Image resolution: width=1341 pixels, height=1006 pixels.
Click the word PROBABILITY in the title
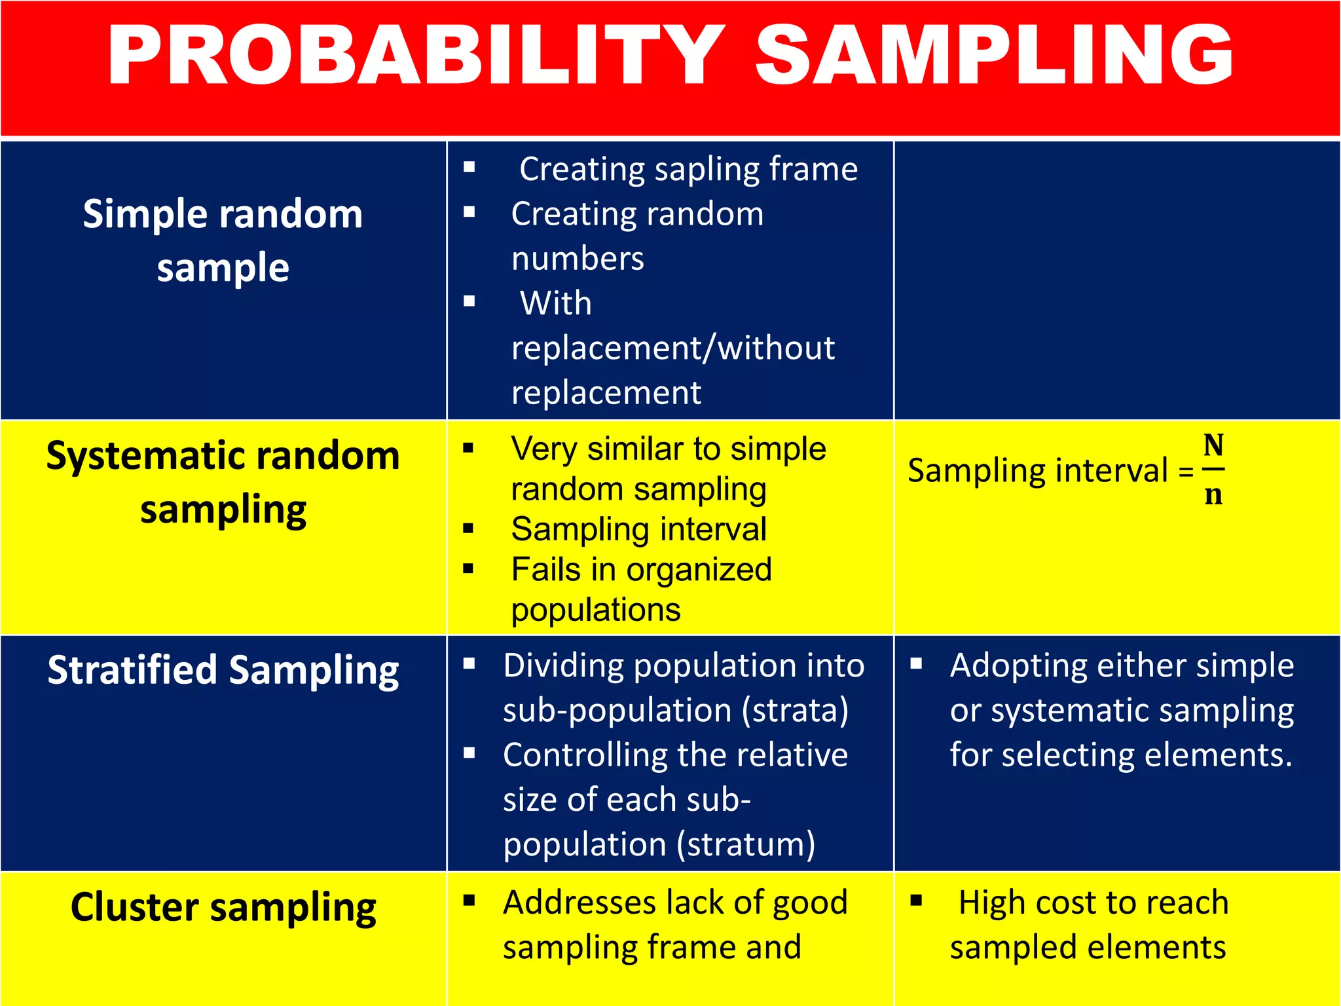click(416, 55)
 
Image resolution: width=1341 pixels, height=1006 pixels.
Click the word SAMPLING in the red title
click(994, 55)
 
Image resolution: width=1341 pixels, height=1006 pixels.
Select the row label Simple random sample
click(223, 240)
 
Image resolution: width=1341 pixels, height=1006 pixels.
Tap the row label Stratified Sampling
click(223, 670)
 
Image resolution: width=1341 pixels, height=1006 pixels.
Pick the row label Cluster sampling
click(223, 907)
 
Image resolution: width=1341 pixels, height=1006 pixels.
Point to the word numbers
click(578, 258)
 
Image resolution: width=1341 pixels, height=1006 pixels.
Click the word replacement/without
click(672, 348)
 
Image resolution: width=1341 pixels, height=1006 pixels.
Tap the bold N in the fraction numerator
click(1213, 446)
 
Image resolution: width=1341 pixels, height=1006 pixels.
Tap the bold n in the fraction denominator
click(1213, 494)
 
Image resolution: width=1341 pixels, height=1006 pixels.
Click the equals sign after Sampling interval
click(1186, 472)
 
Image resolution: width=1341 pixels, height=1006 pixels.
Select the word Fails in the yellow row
click(545, 569)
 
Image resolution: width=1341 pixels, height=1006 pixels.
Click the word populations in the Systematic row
click(596, 610)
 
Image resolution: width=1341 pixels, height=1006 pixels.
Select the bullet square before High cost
click(916, 901)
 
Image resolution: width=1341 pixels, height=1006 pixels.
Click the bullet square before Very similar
click(468, 448)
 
